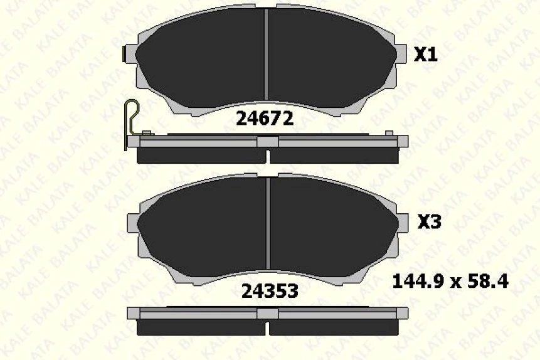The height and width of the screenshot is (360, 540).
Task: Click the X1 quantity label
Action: [426, 55]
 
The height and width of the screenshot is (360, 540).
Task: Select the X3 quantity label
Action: [430, 222]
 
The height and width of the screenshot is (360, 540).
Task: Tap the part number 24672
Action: [264, 119]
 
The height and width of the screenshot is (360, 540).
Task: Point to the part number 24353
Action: [270, 291]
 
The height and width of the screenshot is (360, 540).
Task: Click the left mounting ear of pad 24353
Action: [133, 223]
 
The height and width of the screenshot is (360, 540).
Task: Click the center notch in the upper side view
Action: [268, 142]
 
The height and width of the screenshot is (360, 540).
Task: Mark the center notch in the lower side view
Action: [268, 313]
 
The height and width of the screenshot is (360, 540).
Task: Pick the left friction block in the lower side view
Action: [201, 327]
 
